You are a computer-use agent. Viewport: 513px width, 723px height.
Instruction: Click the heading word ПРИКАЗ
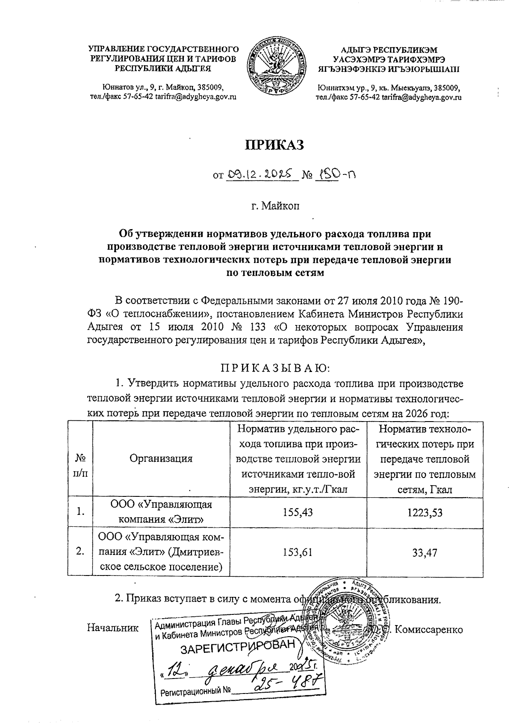[x=273, y=145]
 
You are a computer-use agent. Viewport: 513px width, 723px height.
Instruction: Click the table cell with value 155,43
[x=298, y=512]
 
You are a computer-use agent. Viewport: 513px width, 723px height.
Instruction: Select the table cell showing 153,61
[x=298, y=552]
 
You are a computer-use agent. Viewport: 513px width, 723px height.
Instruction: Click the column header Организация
[x=161, y=458]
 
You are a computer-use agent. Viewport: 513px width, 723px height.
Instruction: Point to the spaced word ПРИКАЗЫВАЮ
[x=275, y=367]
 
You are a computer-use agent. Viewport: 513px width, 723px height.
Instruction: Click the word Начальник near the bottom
[x=113, y=628]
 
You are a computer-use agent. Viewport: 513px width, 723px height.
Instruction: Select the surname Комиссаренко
[x=429, y=629]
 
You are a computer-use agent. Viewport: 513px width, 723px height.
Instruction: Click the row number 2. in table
[x=80, y=552]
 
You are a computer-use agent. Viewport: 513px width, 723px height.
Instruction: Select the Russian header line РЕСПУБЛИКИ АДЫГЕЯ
[x=164, y=68]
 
